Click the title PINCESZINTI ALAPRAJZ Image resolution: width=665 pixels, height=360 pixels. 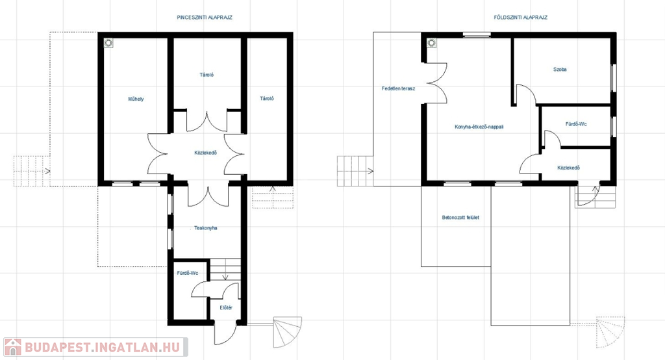(x=205, y=18)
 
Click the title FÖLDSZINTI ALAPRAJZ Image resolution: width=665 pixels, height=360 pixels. (x=520, y=18)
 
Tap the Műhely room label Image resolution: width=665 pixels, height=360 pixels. (x=136, y=99)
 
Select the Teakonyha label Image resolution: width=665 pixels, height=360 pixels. (x=206, y=228)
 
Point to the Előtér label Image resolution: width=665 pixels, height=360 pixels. (x=226, y=308)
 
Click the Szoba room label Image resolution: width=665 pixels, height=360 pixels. (x=560, y=69)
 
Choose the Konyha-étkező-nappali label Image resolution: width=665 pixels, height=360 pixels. (x=479, y=127)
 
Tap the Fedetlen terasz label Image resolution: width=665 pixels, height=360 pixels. (x=398, y=89)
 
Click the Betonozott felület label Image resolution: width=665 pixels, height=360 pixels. (x=460, y=217)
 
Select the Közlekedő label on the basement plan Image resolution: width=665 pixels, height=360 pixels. (x=206, y=153)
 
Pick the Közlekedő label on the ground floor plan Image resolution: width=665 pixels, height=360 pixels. (x=568, y=168)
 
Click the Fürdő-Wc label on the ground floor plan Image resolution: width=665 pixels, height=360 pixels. (x=576, y=124)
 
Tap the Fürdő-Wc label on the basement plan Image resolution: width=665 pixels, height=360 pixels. (x=188, y=273)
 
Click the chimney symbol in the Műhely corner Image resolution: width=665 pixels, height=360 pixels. (x=108, y=43)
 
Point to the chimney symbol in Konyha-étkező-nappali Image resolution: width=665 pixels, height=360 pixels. (x=432, y=43)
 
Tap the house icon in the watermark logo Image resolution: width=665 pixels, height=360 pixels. (x=13, y=347)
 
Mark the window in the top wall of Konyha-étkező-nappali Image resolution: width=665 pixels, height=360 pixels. (x=477, y=35)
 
